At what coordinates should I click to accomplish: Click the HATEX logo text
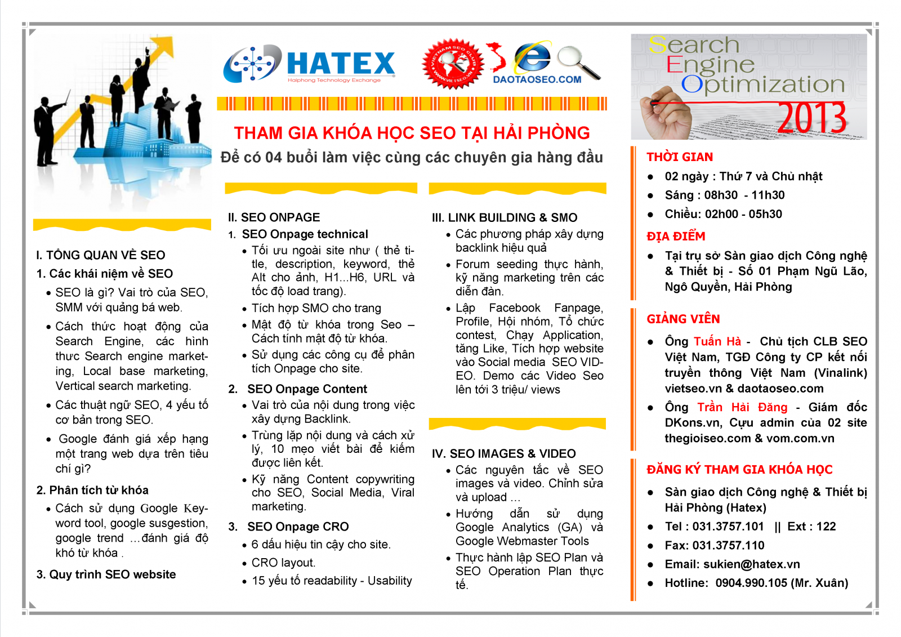click(340, 63)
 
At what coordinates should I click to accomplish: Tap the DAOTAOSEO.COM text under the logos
click(537, 80)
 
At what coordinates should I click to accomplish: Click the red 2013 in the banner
click(812, 118)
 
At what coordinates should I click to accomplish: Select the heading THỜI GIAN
click(679, 157)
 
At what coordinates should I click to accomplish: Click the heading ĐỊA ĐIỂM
click(676, 237)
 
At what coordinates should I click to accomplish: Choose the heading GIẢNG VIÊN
click(683, 319)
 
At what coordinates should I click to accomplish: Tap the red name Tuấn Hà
click(717, 342)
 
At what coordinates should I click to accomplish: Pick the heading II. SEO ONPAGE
click(274, 218)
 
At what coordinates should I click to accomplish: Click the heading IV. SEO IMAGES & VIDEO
click(503, 454)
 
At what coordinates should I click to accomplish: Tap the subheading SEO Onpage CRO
click(298, 527)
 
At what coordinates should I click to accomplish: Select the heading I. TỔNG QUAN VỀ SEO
click(101, 255)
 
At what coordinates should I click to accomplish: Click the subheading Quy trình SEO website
click(112, 575)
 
